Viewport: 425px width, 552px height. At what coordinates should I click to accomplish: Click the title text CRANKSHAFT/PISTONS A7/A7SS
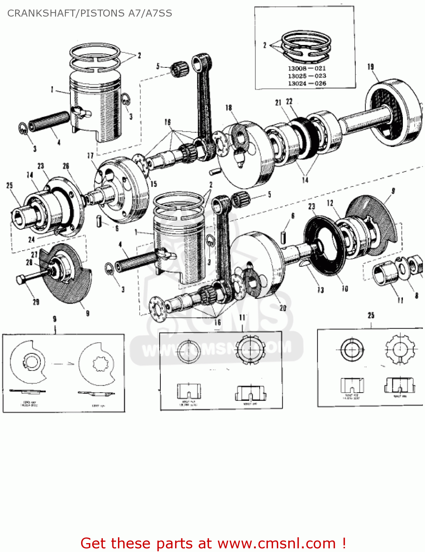tap(90, 13)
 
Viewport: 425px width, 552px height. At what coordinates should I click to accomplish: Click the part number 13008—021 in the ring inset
tap(307, 68)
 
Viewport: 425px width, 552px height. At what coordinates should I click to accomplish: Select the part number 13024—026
tap(307, 84)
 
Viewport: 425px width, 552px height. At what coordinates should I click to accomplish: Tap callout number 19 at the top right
tap(370, 67)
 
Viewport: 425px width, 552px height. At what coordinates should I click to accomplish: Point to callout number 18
tap(229, 107)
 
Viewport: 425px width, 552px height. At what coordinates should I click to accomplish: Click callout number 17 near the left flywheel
tap(90, 156)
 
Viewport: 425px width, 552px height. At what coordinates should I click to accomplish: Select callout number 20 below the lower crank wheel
tap(283, 308)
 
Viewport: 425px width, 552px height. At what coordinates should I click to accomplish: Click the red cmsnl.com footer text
tap(213, 543)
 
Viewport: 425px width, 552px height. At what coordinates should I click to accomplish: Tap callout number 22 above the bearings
tap(289, 101)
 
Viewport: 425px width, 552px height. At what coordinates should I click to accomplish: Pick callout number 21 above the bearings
tap(278, 103)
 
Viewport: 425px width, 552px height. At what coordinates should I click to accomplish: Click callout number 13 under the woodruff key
tap(321, 290)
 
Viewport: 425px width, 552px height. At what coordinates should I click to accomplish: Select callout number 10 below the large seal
tap(345, 289)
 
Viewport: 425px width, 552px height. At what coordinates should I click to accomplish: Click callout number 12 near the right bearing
tap(330, 203)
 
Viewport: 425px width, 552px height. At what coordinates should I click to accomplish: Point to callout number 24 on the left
tap(32, 240)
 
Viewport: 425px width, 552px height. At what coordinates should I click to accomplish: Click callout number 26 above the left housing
tap(66, 166)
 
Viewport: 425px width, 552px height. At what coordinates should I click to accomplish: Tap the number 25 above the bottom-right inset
tap(371, 315)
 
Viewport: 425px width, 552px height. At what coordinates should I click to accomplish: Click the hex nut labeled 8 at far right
tap(416, 265)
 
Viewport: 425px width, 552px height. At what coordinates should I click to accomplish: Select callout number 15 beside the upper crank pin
tap(153, 184)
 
